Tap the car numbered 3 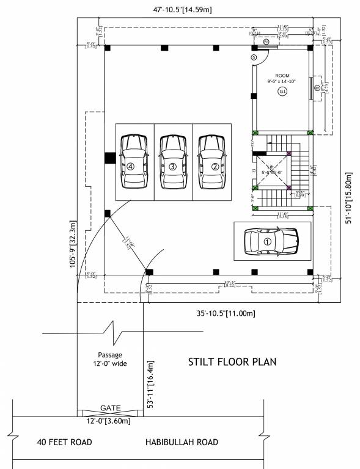[x=173, y=162]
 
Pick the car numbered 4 [x=134, y=162]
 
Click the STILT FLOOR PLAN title [x=232, y=362]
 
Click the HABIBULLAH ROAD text [x=182, y=442]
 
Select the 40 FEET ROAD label [x=64, y=442]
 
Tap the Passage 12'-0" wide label [x=110, y=359]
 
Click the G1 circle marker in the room [x=282, y=92]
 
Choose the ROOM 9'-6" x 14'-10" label [x=282, y=78]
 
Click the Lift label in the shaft [x=270, y=166]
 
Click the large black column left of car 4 [x=109, y=157]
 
